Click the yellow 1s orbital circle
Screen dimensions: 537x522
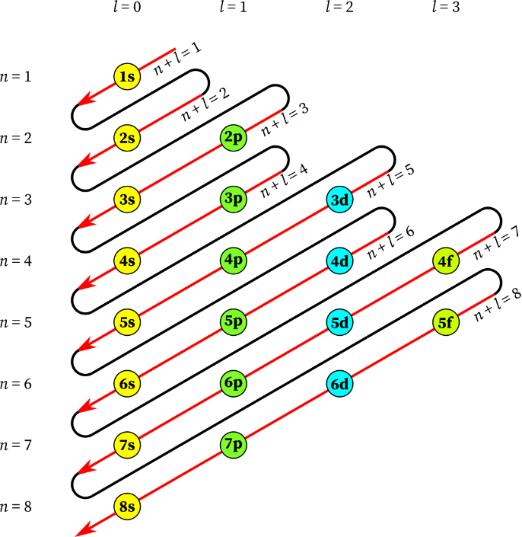(x=127, y=76)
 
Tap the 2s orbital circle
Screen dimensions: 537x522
(x=127, y=138)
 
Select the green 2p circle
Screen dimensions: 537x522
(x=234, y=138)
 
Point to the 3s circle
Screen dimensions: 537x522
(x=127, y=200)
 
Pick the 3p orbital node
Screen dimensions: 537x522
(x=234, y=200)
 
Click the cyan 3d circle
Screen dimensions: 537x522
(x=339, y=200)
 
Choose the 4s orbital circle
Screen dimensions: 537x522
(x=127, y=261)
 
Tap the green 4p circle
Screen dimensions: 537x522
(x=234, y=261)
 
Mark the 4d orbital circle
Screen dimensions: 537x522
(x=339, y=261)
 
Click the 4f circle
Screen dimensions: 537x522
(x=446, y=261)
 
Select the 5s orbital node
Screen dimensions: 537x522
(x=127, y=322)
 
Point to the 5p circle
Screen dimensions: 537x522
(x=234, y=321)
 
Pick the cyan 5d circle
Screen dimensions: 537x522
(x=339, y=322)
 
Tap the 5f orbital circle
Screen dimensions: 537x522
(x=446, y=322)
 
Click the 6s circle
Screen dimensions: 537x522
(x=127, y=384)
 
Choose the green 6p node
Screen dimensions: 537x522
(x=234, y=383)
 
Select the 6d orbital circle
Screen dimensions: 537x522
(x=339, y=384)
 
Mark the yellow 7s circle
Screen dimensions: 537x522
(x=127, y=445)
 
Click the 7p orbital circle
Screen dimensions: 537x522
(x=234, y=444)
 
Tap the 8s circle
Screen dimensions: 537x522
(x=127, y=507)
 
